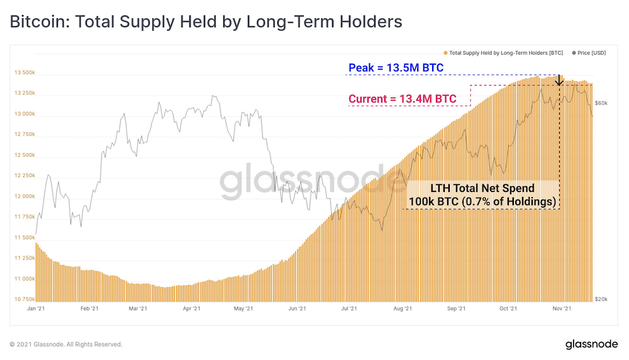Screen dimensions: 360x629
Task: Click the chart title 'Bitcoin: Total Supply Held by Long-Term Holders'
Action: click(x=205, y=22)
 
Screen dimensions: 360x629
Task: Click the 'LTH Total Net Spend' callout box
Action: click(x=482, y=194)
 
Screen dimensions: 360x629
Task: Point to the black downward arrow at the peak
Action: click(x=559, y=80)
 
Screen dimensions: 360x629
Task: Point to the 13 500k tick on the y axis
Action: click(x=24, y=73)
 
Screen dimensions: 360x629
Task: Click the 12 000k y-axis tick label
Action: click(x=24, y=196)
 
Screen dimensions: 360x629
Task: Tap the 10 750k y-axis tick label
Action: click(x=24, y=299)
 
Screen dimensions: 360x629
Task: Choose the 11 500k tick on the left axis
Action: click(x=24, y=237)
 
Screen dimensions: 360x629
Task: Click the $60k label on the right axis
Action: click(x=601, y=103)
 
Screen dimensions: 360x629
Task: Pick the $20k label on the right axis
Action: click(x=601, y=299)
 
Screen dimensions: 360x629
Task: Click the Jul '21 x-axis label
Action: click(x=349, y=308)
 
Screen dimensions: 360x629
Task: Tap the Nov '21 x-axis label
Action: click(x=562, y=308)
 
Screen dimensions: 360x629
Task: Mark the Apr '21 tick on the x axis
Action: click(x=192, y=308)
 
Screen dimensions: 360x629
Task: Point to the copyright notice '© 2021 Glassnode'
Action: click(x=65, y=344)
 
